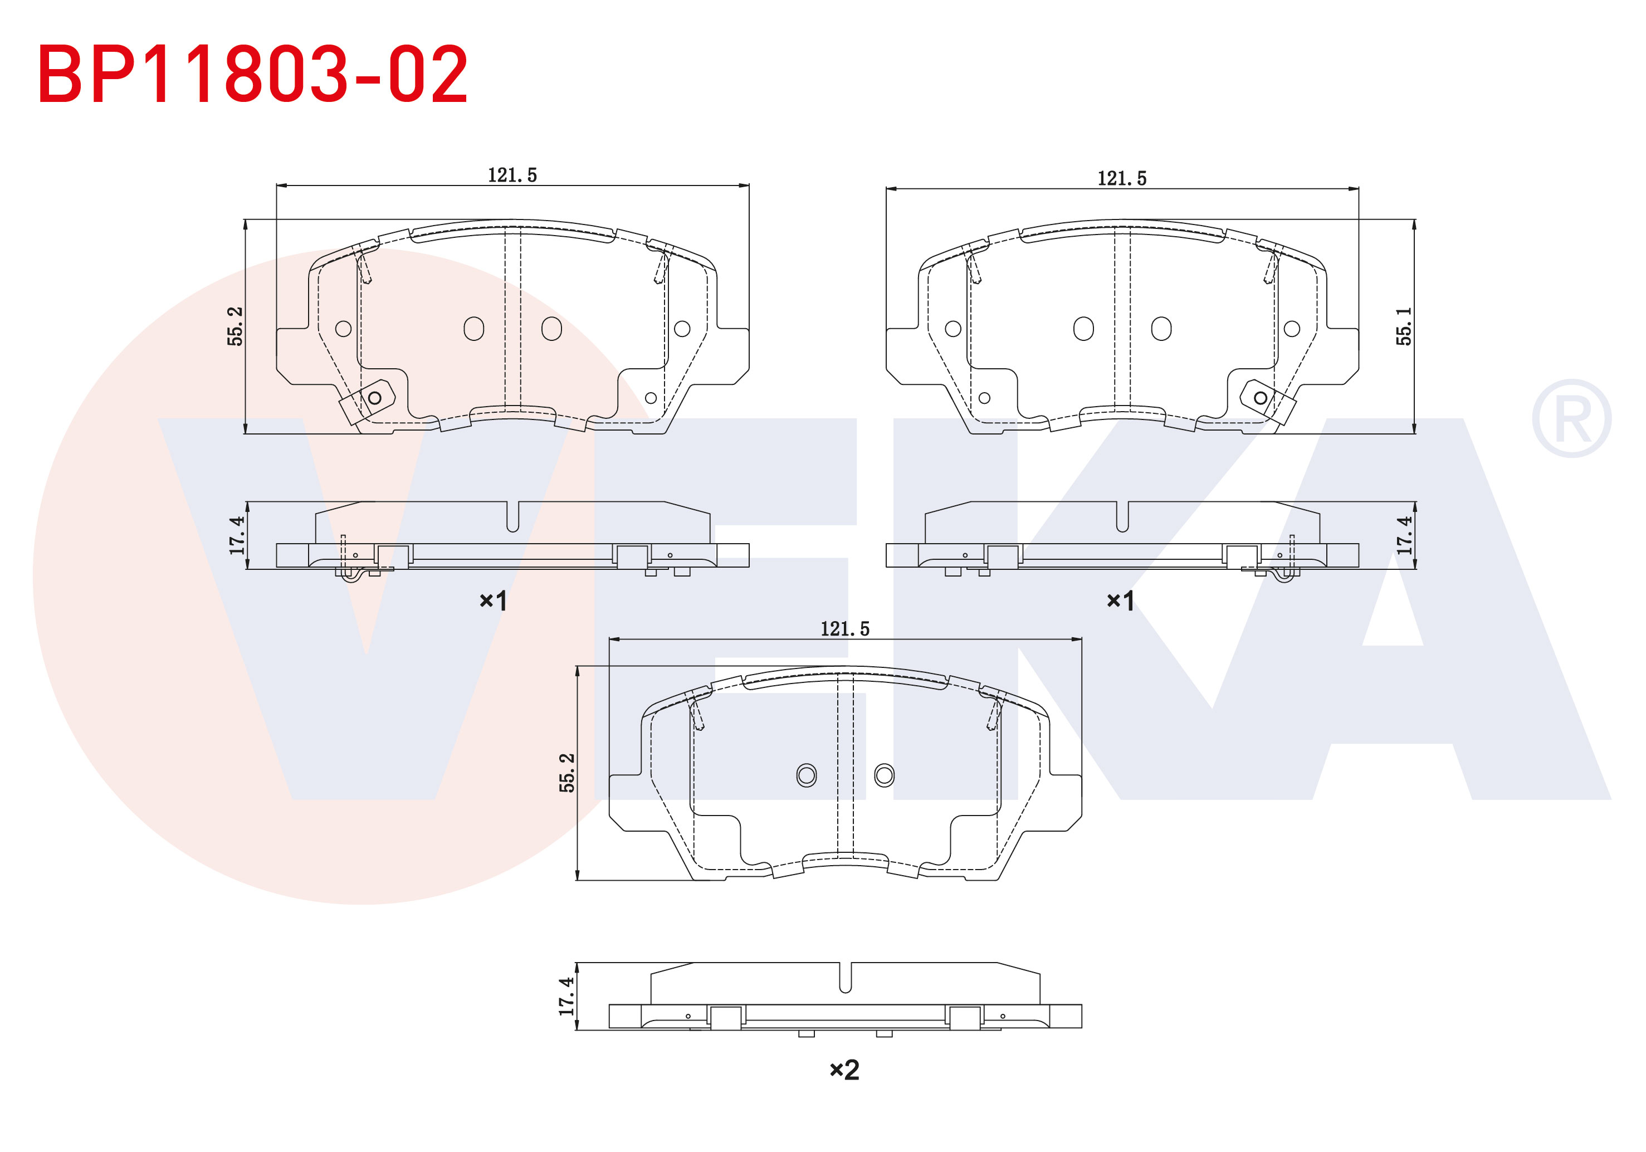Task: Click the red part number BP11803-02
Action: point(252,74)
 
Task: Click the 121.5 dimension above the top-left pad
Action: point(512,175)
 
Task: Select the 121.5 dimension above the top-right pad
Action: point(1122,178)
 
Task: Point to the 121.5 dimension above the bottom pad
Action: point(844,629)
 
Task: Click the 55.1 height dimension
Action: point(1404,326)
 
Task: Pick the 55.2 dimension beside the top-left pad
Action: point(235,326)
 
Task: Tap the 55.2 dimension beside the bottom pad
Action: point(566,773)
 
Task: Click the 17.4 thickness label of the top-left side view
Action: point(237,535)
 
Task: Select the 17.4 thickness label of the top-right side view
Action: point(1404,535)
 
